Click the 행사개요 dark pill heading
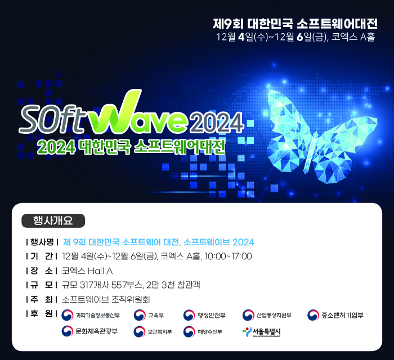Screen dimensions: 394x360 point(53,220)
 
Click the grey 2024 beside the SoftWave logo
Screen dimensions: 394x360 point(217,123)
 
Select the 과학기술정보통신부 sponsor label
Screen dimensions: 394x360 point(98,316)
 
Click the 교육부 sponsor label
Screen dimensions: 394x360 point(156,316)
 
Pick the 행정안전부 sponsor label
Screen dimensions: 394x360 point(211,316)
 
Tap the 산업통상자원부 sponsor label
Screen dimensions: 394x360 point(274,316)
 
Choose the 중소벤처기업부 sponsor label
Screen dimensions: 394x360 point(342,315)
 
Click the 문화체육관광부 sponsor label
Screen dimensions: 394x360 point(96,331)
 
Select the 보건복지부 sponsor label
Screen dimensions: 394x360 point(160,332)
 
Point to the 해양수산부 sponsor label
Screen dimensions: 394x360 point(210,332)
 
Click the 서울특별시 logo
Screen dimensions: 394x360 point(261,332)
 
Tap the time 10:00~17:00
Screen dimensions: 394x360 point(228,256)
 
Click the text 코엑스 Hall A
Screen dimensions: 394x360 point(87,271)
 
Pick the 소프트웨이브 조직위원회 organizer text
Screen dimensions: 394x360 point(106,299)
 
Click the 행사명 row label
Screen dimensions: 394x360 point(42,242)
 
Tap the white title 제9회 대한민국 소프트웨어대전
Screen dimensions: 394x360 point(295,24)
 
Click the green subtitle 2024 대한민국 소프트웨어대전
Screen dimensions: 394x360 point(131,147)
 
